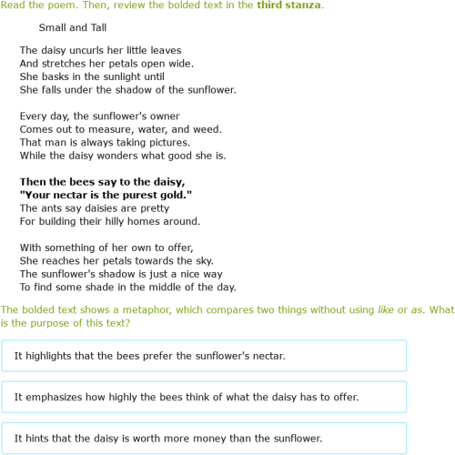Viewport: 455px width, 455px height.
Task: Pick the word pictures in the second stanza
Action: click(167, 143)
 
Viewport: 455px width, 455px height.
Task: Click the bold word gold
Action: click(173, 195)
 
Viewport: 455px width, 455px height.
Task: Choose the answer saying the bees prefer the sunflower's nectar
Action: click(204, 356)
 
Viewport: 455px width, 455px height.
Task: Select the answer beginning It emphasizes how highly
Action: click(204, 397)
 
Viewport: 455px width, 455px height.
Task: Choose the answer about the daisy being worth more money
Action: click(204, 438)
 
